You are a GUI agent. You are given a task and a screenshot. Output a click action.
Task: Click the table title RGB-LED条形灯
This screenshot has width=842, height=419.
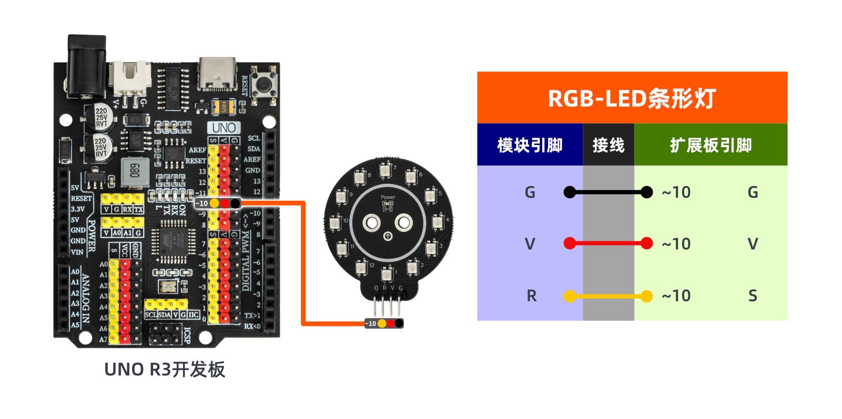pos(632,98)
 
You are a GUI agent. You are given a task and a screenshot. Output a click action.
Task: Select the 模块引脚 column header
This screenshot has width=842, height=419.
pos(530,145)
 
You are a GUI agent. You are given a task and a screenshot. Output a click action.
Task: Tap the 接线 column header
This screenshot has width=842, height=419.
pos(608,145)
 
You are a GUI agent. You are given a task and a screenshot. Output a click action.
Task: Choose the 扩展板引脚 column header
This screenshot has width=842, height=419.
pos(711,145)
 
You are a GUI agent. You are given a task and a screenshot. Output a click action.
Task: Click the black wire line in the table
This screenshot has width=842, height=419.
pos(608,192)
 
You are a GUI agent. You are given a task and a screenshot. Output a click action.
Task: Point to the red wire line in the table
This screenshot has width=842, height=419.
pos(608,243)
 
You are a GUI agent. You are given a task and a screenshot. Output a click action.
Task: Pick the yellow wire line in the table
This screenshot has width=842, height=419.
pos(608,297)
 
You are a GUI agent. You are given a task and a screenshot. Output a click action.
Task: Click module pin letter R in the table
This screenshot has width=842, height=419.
pos(531,296)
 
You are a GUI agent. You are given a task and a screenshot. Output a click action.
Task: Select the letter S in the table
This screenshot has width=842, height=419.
pos(753,296)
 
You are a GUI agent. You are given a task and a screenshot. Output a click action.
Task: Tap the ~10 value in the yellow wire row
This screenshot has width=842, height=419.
pos(676,296)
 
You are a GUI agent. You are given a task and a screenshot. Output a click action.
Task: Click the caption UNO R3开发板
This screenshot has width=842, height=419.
pos(165,370)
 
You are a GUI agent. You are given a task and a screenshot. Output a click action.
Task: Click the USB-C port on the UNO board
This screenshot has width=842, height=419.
pos(217,73)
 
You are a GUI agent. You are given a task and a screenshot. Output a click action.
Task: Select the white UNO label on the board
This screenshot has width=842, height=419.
pos(224,128)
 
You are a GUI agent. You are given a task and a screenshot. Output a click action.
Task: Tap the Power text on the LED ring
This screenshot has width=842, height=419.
pos(388,197)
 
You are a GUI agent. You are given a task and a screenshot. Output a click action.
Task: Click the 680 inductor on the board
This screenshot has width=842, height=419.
pos(135,171)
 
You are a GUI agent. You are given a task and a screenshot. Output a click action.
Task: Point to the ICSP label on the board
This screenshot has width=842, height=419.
pos(187,335)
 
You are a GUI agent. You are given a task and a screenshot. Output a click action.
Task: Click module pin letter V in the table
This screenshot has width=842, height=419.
pos(530,244)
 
